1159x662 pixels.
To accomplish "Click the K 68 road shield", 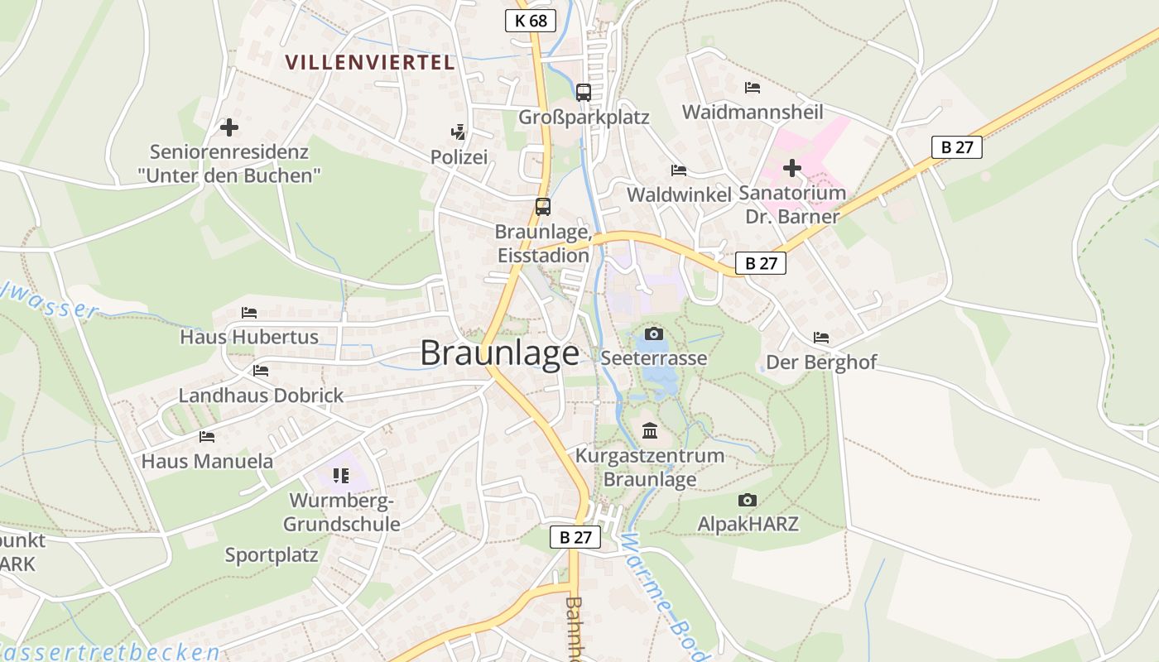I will coord(531,21).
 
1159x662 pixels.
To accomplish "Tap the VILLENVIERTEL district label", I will coord(370,62).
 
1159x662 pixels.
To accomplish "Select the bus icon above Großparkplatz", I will coord(584,92).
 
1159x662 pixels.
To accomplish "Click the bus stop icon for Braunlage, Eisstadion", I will coord(543,207).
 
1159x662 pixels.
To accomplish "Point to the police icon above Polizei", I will coord(458,132).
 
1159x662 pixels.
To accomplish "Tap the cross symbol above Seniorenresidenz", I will coord(229,127).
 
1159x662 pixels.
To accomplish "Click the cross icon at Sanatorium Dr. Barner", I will coord(792,168).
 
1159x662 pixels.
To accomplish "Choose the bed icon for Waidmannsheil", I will coord(753,87).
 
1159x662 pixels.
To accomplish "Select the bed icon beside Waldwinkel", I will coord(679,170).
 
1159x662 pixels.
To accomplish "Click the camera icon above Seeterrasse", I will coord(654,333).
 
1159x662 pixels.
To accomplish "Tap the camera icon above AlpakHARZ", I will coord(748,500).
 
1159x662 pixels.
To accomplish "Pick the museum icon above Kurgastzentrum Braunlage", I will coord(650,431).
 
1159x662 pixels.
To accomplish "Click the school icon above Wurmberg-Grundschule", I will coord(340,475).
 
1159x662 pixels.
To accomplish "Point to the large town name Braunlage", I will coord(500,353).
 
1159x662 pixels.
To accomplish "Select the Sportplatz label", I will coord(272,555).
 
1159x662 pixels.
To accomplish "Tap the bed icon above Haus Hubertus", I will coord(249,313).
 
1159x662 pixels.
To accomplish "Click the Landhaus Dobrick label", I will coord(261,396).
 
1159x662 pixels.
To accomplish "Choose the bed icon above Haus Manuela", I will coord(207,437).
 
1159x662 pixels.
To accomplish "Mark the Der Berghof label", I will coord(821,362).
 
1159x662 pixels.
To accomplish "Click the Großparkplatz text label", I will coord(584,118).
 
